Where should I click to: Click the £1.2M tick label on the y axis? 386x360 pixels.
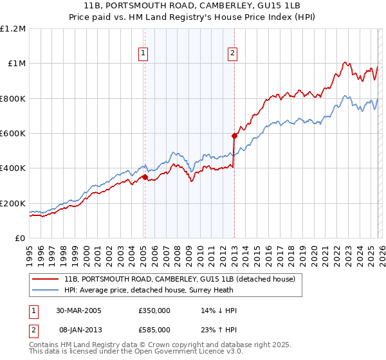pos(13,29)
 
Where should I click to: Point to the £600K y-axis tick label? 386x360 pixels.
pos(13,134)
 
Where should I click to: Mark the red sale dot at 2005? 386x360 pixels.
pos(145,177)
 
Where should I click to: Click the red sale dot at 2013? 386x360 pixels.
pos(234,136)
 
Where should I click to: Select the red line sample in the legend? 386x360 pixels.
pos(45,279)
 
